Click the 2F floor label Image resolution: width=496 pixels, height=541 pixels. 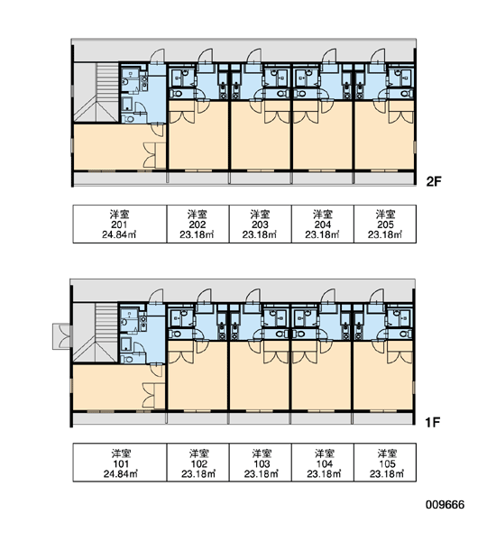tap(434, 181)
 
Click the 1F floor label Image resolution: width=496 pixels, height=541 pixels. tap(433, 422)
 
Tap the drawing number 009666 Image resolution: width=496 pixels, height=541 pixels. tap(445, 504)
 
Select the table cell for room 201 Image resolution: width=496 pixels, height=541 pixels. tap(120, 224)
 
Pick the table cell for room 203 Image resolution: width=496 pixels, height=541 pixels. tap(261, 224)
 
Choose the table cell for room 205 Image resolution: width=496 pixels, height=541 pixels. tap(385, 224)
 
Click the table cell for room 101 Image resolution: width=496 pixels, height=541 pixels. tap(120, 463)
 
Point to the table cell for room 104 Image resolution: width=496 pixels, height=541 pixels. tap(323, 463)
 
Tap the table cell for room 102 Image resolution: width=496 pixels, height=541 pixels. tap(198, 463)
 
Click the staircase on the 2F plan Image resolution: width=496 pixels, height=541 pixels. tap(96, 92)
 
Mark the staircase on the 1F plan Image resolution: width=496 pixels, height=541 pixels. tap(96, 333)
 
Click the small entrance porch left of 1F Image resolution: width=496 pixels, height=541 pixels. tap(62, 336)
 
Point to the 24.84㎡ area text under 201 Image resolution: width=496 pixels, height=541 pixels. tap(119, 235)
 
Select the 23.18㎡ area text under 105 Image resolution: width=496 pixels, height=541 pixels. tap(387, 474)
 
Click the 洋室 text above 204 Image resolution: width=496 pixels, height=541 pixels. tap(323, 214)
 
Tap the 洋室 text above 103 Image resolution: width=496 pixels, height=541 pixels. tap(262, 453)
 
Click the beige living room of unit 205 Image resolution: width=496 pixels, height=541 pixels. tap(384, 142)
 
